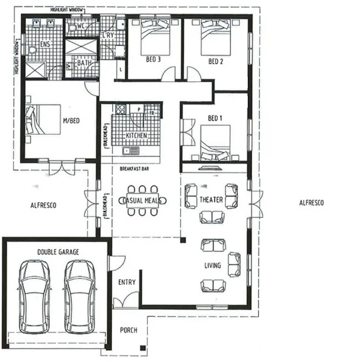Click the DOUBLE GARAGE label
pyautogui.click(x=58, y=252)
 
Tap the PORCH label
pyautogui.click(x=128, y=330)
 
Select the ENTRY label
pyautogui.click(x=127, y=282)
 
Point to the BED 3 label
pyautogui.click(x=153, y=61)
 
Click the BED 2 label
pyautogui.click(x=216, y=61)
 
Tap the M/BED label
pyautogui.click(x=72, y=121)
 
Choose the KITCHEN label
pyautogui.click(x=136, y=136)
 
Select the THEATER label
pyautogui.click(x=212, y=199)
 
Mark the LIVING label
pyautogui.click(x=212, y=266)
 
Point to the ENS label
pyautogui.click(x=45, y=44)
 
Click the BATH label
pyautogui.click(x=84, y=62)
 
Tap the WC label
pyautogui.click(x=81, y=27)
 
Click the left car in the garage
pyautogui.click(x=33, y=296)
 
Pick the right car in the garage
pyautogui.click(x=79, y=296)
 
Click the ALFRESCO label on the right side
pyautogui.click(x=312, y=203)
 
